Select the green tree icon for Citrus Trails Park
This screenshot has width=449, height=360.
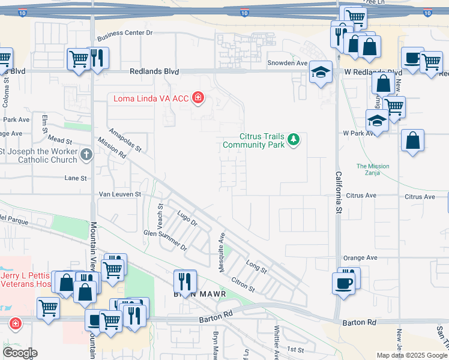(x=293, y=140)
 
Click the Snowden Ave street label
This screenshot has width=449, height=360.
(x=288, y=63)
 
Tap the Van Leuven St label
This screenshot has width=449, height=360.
(x=119, y=194)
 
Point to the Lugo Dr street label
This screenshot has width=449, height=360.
(x=187, y=218)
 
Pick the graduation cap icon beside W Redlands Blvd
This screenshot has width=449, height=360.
(x=321, y=72)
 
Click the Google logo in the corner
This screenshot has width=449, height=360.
(x=20, y=353)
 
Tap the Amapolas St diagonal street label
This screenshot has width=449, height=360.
(x=124, y=139)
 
